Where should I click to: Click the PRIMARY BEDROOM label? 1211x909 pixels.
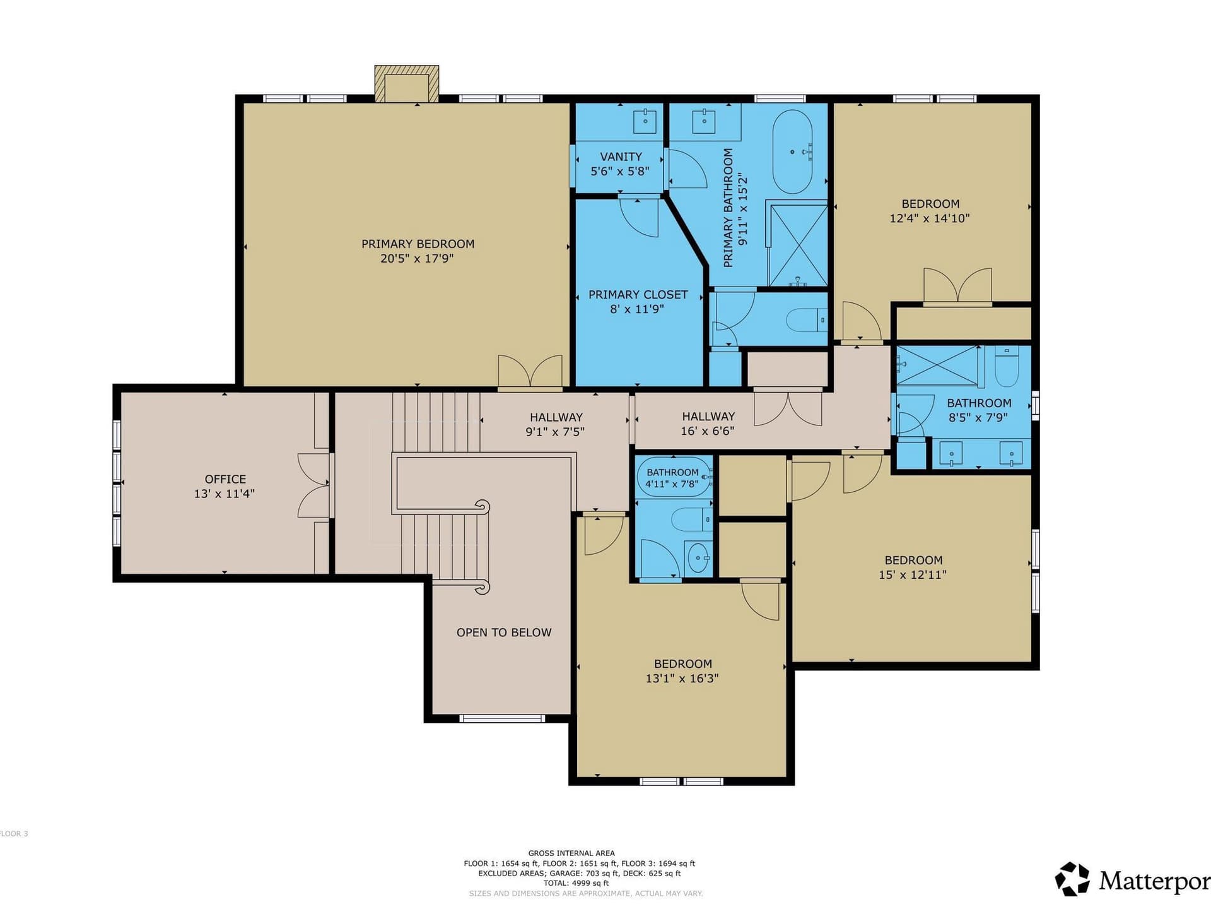pos(418,244)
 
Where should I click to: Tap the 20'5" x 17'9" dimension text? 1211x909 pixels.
pos(417,258)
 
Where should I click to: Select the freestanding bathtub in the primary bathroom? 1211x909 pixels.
pos(793,152)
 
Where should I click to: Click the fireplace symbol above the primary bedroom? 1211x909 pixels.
pos(406,83)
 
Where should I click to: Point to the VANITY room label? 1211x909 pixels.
pos(621,157)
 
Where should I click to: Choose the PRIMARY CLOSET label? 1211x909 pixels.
pos(638,295)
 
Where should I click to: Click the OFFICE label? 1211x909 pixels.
pos(225,479)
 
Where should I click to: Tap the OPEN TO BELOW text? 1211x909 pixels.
pos(504,633)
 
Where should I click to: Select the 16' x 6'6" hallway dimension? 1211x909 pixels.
pos(708,431)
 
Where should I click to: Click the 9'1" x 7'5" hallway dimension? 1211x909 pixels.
pos(555,432)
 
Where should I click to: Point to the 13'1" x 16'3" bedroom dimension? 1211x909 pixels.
pos(682,679)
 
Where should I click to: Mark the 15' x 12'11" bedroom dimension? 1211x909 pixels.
pos(913,574)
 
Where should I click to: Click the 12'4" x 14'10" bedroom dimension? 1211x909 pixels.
pos(930,218)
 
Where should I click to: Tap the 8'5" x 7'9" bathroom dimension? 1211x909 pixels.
pos(978,417)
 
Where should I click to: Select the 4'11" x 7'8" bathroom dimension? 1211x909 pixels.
pos(672,484)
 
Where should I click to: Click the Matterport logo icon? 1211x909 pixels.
pos(1072,879)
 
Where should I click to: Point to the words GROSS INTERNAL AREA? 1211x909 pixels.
pos(571,853)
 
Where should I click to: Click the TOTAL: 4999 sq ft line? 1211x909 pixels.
pos(576,883)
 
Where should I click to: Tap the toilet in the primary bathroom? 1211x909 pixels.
pos(807,320)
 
